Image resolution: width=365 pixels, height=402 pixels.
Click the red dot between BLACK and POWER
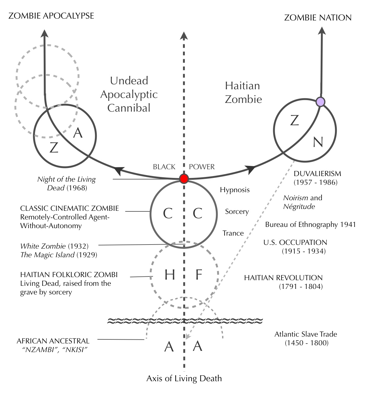click(x=184, y=179)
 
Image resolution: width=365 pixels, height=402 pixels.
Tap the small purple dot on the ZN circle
click(x=320, y=101)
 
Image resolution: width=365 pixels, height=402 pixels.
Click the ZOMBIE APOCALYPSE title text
click(x=51, y=16)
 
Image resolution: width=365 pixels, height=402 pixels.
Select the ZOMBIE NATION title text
click(x=318, y=18)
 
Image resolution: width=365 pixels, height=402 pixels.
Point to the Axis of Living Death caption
click(x=184, y=378)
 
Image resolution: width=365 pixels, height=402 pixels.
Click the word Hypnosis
click(x=235, y=190)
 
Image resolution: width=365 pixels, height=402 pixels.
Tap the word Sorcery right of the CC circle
click(x=237, y=212)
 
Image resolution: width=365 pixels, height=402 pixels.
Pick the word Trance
click(x=233, y=233)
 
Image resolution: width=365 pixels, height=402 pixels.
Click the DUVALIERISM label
click(x=317, y=174)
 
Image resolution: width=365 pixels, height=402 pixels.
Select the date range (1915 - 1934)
click(x=304, y=251)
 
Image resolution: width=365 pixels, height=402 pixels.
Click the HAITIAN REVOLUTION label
click(x=283, y=278)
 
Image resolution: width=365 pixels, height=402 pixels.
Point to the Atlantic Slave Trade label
click(x=305, y=334)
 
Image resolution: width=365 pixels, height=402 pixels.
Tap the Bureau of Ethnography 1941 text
click(x=310, y=224)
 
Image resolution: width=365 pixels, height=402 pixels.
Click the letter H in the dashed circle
click(x=169, y=275)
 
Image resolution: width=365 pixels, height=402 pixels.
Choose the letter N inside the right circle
click(x=318, y=142)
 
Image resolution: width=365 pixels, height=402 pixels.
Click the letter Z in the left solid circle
click(x=54, y=148)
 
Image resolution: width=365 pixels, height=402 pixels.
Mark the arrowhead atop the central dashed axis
click(x=184, y=36)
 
